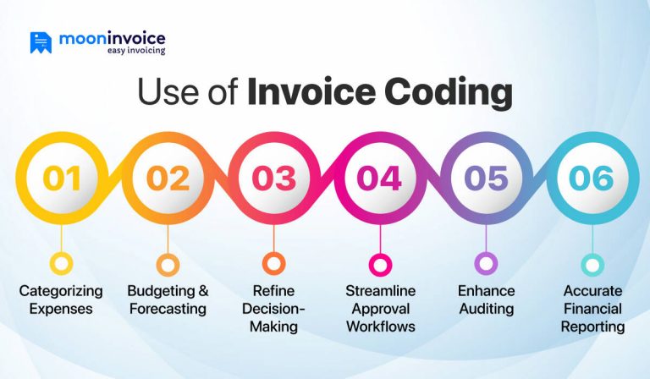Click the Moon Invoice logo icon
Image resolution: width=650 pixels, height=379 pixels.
tap(41, 42)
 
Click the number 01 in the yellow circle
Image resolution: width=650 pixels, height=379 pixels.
tap(62, 179)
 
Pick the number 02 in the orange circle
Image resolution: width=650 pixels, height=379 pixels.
tap(168, 179)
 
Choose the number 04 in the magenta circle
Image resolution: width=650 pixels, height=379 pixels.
tap(379, 179)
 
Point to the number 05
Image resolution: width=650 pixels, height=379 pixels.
tap(485, 179)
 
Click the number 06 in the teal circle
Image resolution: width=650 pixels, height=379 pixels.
tap(591, 179)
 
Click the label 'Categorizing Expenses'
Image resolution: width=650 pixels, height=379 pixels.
tap(61, 299)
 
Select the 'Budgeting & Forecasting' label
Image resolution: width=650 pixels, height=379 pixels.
tap(168, 299)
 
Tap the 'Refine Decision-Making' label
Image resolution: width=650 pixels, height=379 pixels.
tap(273, 308)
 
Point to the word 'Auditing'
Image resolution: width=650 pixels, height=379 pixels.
tap(487, 309)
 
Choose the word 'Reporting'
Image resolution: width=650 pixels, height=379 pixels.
tap(592, 326)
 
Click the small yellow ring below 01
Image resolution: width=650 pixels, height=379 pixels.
tap(62, 263)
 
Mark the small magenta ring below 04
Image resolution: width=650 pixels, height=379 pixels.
tap(379, 263)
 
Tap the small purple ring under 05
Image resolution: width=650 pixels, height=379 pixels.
tap(485, 263)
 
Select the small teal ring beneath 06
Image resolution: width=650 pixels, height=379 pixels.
tap(591, 263)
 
